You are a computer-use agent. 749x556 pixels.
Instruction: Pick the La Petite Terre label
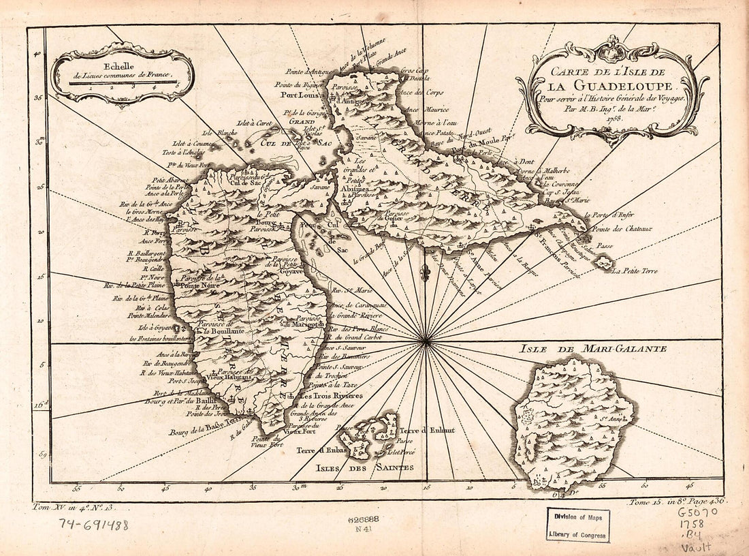point(635,271)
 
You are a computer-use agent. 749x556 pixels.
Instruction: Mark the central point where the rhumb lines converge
point(425,341)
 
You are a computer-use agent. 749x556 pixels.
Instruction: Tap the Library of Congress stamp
point(577,525)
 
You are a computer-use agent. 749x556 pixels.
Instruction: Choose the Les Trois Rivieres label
point(332,396)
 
